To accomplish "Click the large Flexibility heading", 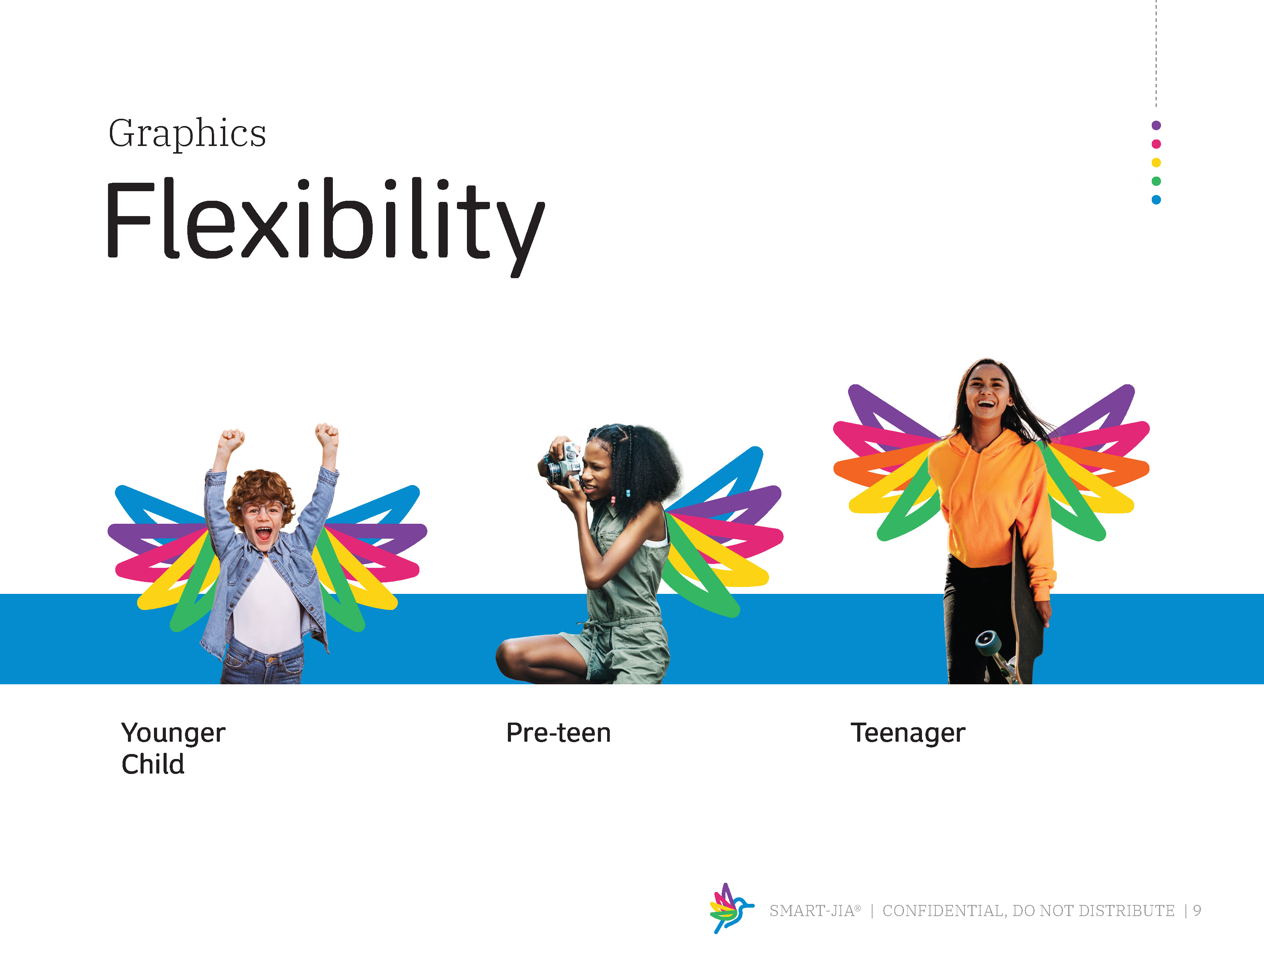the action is pos(325,226).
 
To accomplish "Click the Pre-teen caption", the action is pos(558,733).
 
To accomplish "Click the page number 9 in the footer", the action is pos(1196,910).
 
